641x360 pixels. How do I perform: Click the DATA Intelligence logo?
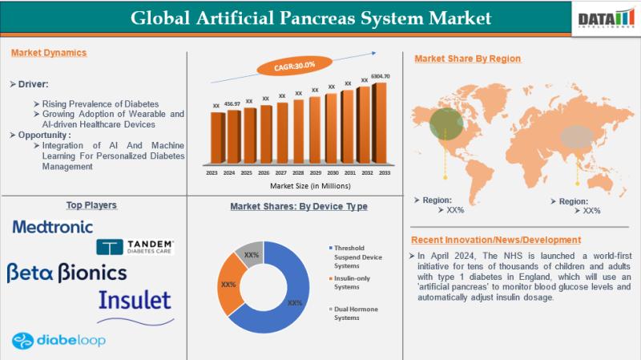pos(605,17)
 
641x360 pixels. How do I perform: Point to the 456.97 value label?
pos(233,103)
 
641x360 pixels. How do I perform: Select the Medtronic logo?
pos(53,227)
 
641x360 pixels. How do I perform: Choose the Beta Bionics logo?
pos(67,273)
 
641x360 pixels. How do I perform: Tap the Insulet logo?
pos(135,301)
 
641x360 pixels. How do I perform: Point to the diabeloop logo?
pos(60,340)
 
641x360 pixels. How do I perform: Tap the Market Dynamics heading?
pos(49,53)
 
